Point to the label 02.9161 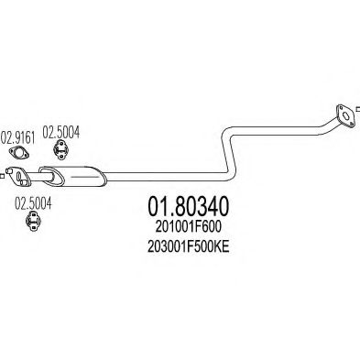point(19,139)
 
